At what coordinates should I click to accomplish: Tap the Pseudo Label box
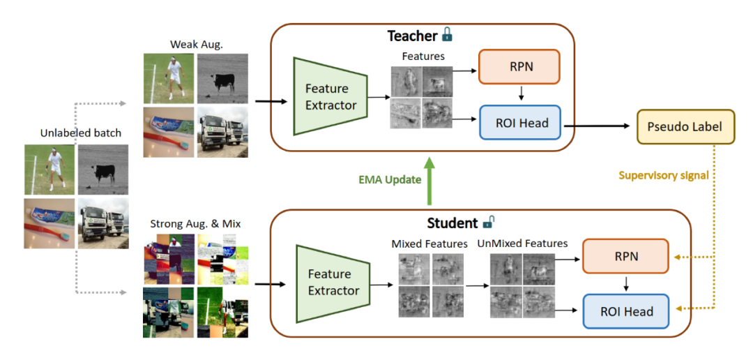(685, 127)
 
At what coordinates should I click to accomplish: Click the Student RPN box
(625, 257)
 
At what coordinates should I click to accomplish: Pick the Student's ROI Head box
(625, 311)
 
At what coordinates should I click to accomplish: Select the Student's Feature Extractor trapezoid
(331, 282)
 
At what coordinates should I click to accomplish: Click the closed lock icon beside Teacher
(448, 34)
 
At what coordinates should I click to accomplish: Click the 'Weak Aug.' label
(192, 45)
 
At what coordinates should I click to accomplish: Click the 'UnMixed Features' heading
(522, 243)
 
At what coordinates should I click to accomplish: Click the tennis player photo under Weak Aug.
(169, 79)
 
